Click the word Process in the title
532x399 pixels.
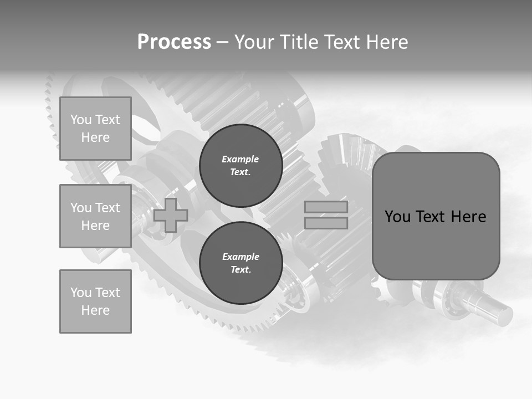pos(174,42)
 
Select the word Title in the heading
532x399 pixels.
pos(299,42)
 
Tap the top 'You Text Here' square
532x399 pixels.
pos(95,129)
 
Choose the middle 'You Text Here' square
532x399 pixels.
pos(95,216)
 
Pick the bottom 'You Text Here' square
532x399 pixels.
pos(95,301)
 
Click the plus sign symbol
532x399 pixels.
pos(171,216)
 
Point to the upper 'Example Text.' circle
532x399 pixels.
pos(241,165)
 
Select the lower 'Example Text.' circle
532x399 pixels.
pos(241,263)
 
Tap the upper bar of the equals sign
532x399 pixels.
pos(326,207)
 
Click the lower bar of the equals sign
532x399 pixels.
pos(326,223)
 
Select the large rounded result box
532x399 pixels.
pos(436,216)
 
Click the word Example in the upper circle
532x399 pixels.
pos(241,159)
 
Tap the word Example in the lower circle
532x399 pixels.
pos(241,257)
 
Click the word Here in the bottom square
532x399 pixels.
pos(95,310)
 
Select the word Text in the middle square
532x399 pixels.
pos(107,208)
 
